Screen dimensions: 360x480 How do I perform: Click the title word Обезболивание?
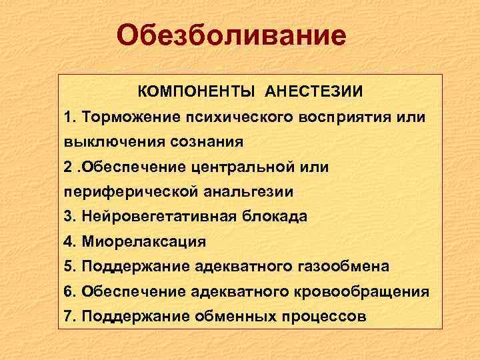click(x=231, y=35)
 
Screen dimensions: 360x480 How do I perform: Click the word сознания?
click(x=205, y=141)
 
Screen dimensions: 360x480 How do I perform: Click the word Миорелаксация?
click(x=143, y=241)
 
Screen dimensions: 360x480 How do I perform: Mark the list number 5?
click(x=69, y=266)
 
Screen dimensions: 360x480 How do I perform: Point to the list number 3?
click(x=69, y=216)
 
